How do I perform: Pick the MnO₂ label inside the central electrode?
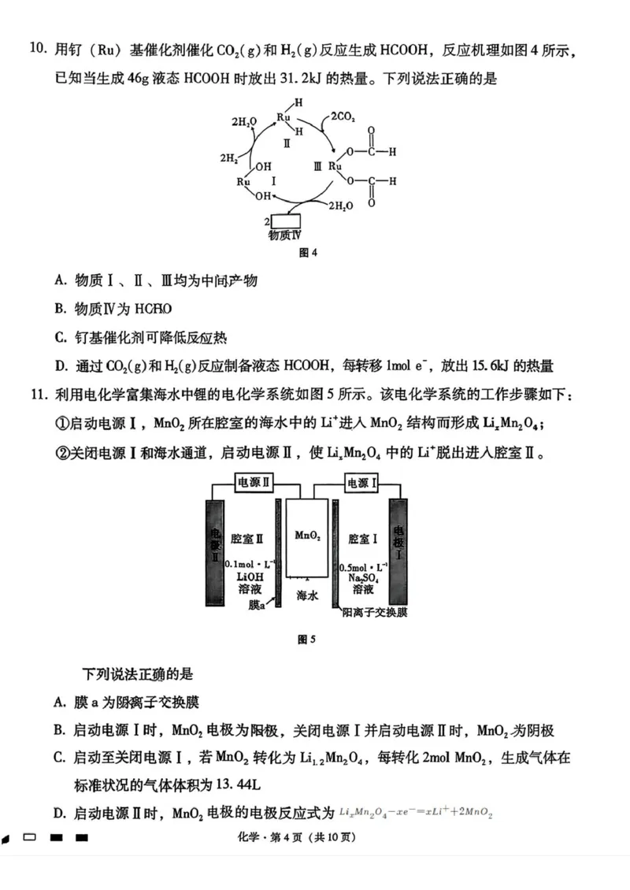pyautogui.click(x=308, y=536)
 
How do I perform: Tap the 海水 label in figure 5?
pyautogui.click(x=307, y=596)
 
